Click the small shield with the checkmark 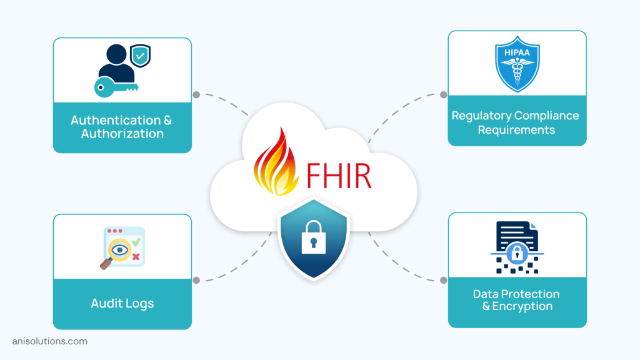(x=140, y=56)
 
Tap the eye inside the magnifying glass (x=119, y=250)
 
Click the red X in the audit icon (x=136, y=256)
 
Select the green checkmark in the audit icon (x=136, y=240)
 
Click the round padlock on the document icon (x=516, y=252)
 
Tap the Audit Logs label (x=122, y=304)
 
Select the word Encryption (x=522, y=306)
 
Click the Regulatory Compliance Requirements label (x=516, y=122)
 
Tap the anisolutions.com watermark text (x=50, y=341)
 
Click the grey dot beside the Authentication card (x=196, y=95)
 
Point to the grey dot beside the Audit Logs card (x=196, y=280)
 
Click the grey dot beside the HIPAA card (x=444, y=95)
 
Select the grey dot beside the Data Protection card (x=444, y=280)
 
